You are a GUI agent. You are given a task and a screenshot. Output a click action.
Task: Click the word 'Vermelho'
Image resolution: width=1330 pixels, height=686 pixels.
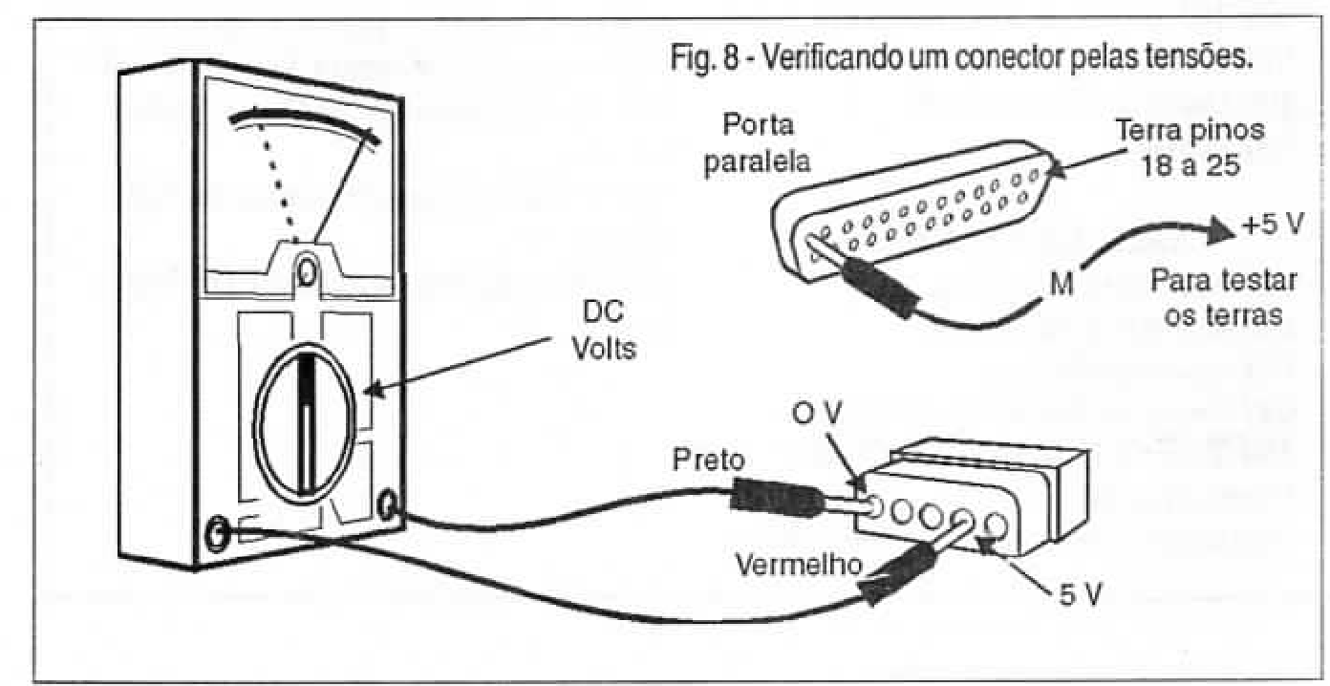[x=801, y=566]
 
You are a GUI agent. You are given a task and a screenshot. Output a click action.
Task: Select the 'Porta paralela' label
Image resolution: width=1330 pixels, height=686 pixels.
[x=758, y=143]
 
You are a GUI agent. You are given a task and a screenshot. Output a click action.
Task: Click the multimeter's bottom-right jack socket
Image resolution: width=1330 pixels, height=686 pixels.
[x=388, y=504]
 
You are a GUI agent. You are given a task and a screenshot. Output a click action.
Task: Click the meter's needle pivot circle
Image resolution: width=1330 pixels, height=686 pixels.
[x=307, y=270]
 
